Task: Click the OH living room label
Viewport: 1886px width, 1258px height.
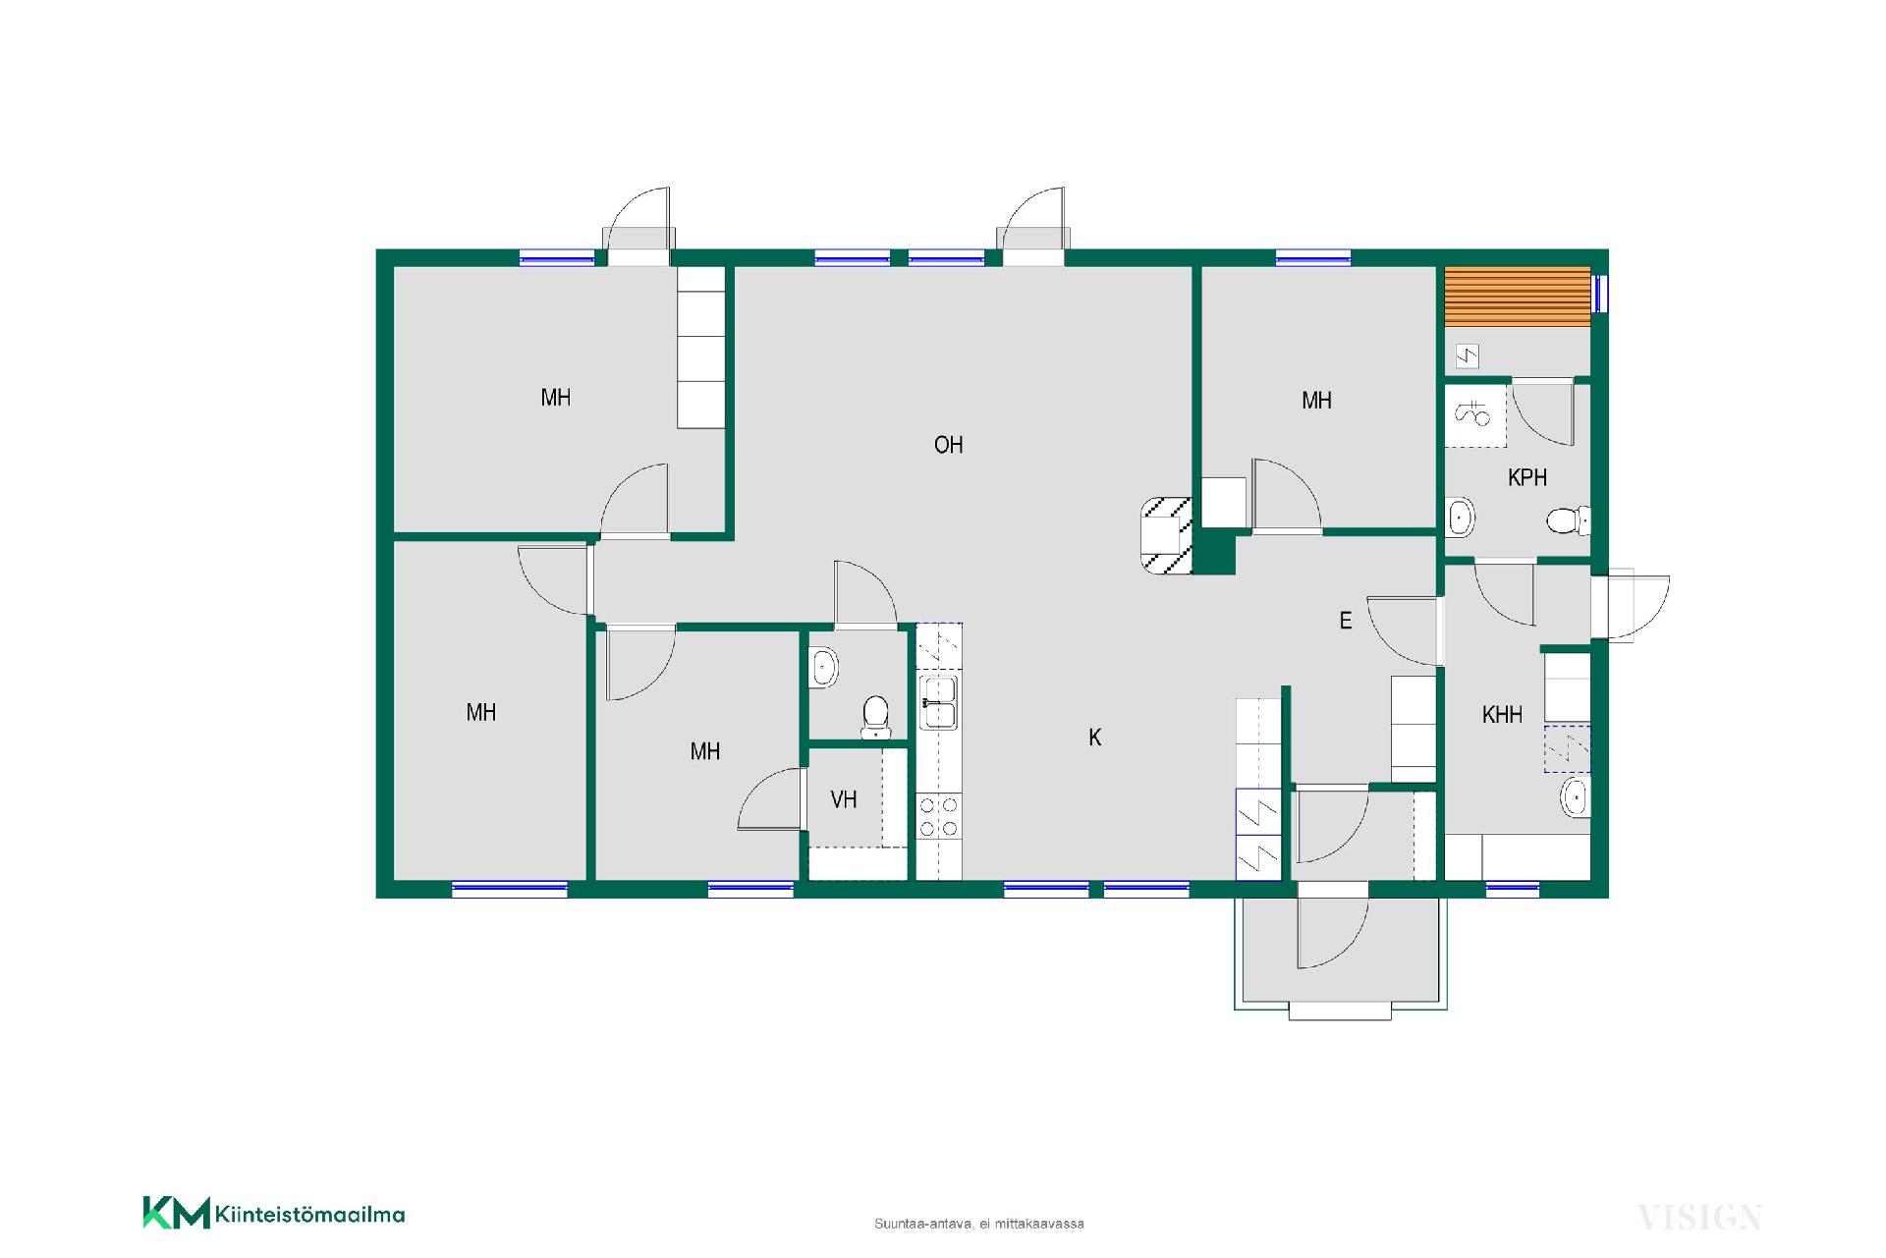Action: [948, 445]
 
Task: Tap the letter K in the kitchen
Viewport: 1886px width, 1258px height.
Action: [1095, 738]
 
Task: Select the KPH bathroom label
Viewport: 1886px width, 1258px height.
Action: [1527, 477]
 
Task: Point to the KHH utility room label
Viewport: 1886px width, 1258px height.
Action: [1502, 715]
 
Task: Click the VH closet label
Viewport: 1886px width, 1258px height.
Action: [844, 799]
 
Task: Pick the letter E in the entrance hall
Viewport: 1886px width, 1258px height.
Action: [1346, 621]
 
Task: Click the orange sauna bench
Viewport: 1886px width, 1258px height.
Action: [1517, 297]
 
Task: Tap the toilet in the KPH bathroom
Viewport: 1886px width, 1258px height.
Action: [1569, 520]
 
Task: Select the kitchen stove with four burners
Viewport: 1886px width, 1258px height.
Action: [939, 816]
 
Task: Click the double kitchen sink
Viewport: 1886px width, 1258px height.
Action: [939, 701]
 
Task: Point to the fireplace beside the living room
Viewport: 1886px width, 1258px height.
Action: [1167, 536]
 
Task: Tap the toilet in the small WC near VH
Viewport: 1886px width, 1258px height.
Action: [874, 717]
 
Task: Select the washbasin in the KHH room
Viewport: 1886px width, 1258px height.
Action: [1575, 796]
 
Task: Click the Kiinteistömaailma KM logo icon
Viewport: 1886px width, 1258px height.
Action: [177, 1212]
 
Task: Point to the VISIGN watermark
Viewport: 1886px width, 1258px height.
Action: [1699, 1218]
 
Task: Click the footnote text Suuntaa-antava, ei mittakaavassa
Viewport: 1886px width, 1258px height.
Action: [979, 1224]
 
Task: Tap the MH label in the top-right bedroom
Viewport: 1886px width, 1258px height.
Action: [1316, 401]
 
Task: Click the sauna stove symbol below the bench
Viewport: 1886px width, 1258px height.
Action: [1467, 356]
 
